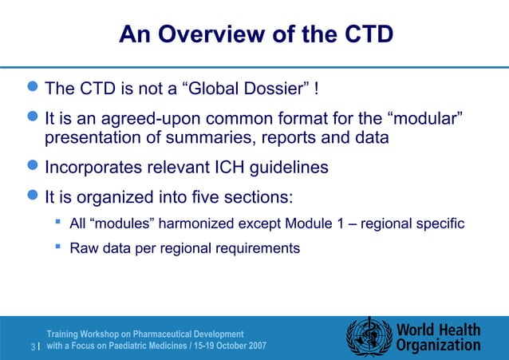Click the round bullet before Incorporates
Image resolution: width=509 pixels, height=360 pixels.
pyautogui.click(x=32, y=168)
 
